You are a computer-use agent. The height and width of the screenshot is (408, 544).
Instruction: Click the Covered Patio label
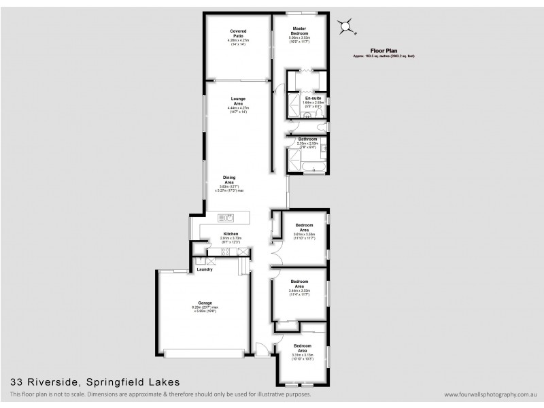coord(237,33)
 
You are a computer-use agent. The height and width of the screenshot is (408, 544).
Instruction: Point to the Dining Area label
coord(229,180)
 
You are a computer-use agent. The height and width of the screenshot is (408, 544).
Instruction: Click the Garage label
coord(205,303)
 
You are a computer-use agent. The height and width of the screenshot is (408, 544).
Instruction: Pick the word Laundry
coord(205,269)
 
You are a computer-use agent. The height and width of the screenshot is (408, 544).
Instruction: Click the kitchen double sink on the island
coord(226,218)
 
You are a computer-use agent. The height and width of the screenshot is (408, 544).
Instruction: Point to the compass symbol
coord(347,27)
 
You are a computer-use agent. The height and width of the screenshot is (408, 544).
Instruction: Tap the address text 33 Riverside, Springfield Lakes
coord(95,382)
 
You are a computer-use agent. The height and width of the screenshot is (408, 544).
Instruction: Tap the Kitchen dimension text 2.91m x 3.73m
coord(230,238)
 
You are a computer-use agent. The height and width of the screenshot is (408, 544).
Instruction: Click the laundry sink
coord(201,260)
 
